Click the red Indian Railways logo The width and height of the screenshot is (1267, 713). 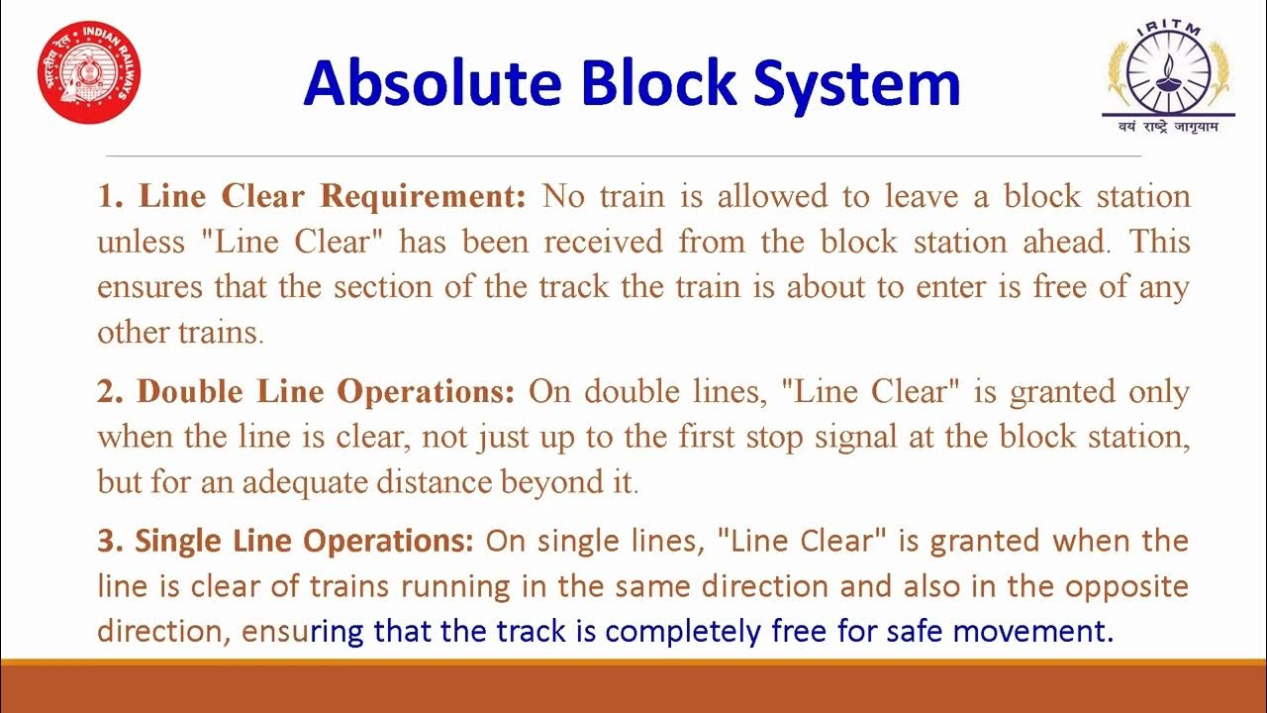pos(89,73)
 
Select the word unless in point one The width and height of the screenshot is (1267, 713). pos(142,242)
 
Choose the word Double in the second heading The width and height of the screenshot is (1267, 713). pos(191,391)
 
